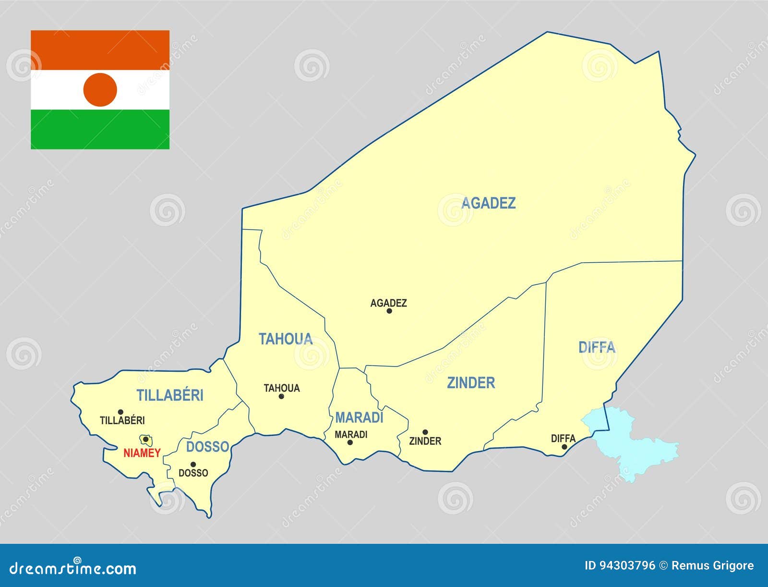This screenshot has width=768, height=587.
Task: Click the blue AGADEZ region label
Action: point(488,203)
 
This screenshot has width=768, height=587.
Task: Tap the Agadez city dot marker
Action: point(389,311)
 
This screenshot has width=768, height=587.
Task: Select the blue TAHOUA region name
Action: point(286,339)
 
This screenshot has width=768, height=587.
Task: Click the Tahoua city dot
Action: point(281,396)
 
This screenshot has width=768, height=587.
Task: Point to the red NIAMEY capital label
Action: point(142,453)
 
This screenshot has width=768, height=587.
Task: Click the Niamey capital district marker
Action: point(145,440)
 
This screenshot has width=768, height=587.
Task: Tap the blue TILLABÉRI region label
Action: point(170,395)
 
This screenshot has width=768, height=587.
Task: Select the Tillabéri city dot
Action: point(120,412)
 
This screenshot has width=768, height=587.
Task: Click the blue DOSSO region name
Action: point(207,447)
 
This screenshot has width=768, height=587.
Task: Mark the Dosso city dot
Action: point(193,464)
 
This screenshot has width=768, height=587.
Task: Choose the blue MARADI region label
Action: point(359,417)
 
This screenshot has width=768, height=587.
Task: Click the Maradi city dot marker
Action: point(350,442)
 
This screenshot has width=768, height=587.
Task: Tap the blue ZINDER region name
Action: point(471,383)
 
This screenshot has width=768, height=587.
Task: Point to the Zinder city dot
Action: point(425,432)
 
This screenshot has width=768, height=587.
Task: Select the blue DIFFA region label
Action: point(597,347)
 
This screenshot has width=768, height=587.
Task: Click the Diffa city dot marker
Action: point(564,447)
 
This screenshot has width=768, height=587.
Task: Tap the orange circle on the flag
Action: point(100,90)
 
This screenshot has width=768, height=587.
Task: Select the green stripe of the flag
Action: point(100,129)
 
